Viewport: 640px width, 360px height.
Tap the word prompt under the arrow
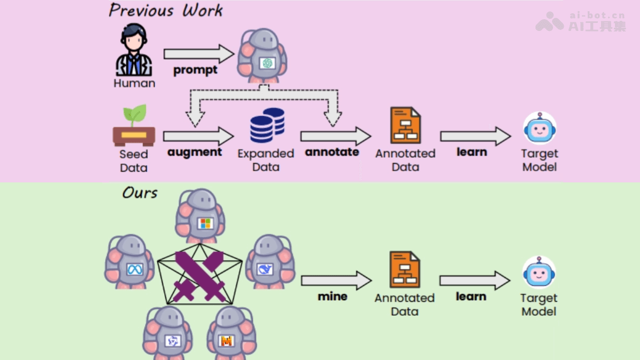pyautogui.click(x=195, y=70)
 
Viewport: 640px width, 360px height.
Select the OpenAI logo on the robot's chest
pyautogui.click(x=267, y=63)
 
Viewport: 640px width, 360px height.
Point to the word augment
pyautogui.click(x=194, y=151)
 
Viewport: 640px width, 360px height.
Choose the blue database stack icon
pyautogui.click(x=267, y=126)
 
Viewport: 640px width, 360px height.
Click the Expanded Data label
pyautogui.click(x=266, y=160)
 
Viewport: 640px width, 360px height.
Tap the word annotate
pyautogui.click(x=332, y=152)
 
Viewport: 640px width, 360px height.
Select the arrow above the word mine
pyautogui.click(x=335, y=281)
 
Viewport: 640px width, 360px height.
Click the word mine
pyautogui.click(x=332, y=297)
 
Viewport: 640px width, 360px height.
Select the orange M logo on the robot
pyautogui.click(x=226, y=340)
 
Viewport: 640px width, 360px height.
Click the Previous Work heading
pyautogui.click(x=165, y=10)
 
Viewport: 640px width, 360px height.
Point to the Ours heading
pyautogui.click(x=140, y=193)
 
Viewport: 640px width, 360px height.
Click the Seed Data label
pyautogui.click(x=133, y=161)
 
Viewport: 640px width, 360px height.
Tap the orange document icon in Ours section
pyautogui.click(x=405, y=270)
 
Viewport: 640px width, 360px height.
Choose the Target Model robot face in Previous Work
pyautogui.click(x=539, y=128)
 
